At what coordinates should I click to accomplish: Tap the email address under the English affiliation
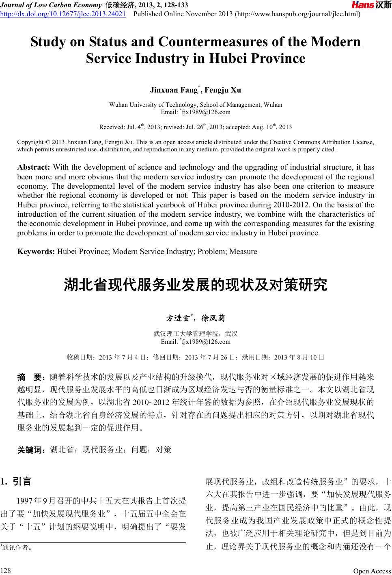[197, 112]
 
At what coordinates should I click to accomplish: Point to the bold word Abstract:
[34, 167]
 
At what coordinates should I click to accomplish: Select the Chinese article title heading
[196, 285]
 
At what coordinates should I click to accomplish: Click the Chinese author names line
[196, 317]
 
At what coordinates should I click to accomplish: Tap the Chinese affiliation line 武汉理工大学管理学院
[195, 334]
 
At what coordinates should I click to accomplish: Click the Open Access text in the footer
[372, 571]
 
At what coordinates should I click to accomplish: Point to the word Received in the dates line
[112, 127]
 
